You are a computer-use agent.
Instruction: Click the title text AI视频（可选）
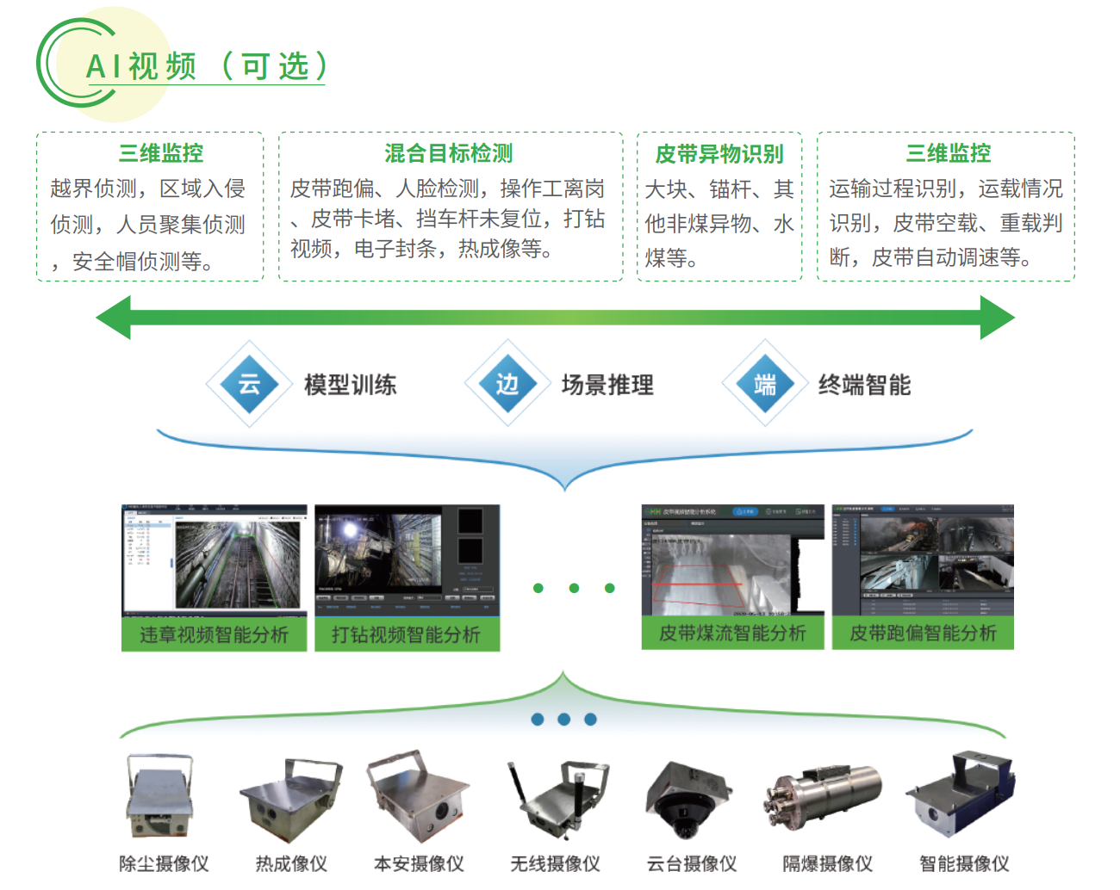click(206, 66)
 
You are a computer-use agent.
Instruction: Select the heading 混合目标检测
click(448, 153)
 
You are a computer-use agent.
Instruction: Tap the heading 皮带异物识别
click(719, 154)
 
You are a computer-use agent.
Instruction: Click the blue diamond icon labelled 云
click(250, 384)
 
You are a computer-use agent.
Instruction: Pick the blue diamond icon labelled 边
click(507, 384)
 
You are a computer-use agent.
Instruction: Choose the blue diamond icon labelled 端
click(765, 384)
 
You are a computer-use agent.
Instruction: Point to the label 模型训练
click(350, 385)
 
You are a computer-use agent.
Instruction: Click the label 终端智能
click(864, 385)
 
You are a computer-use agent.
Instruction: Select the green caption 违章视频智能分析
click(214, 635)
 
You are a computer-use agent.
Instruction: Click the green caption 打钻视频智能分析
click(407, 635)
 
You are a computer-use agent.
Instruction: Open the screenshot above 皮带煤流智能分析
click(732, 559)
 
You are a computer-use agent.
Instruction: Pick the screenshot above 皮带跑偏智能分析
click(923, 559)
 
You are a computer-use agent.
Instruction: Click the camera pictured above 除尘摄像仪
click(159, 796)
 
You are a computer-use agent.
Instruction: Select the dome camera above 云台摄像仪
click(688, 799)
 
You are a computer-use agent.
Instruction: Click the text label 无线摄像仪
click(555, 863)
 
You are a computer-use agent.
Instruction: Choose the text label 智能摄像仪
click(964, 863)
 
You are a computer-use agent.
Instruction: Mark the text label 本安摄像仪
click(419, 863)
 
